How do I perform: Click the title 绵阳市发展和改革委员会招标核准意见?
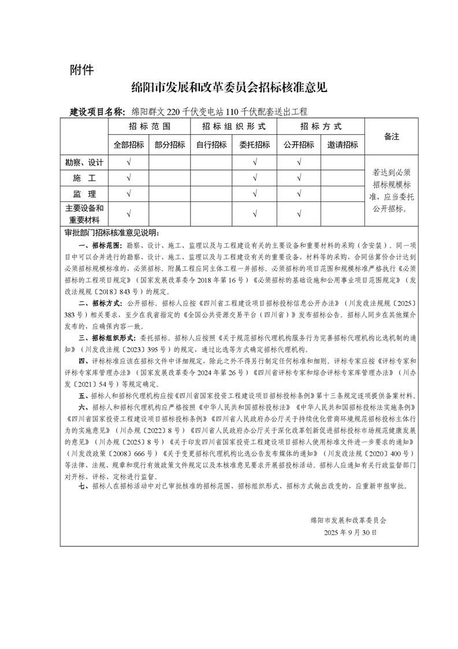229,88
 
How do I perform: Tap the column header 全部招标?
128,145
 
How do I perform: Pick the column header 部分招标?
170,145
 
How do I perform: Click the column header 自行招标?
211,145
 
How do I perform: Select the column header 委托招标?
254,145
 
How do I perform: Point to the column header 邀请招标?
342,145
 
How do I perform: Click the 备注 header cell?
392,137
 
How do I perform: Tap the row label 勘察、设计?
84,163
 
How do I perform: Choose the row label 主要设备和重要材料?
84,214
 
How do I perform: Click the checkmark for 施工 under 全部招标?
128,178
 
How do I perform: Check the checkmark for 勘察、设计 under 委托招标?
254,163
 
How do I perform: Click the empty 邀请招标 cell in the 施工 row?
342,178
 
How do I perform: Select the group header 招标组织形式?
233,127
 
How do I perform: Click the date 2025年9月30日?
350,532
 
